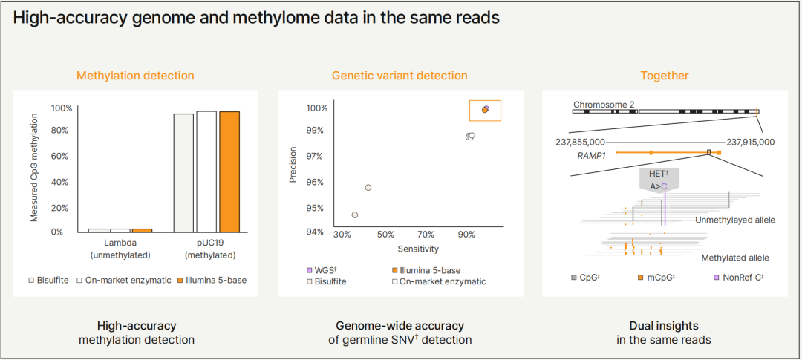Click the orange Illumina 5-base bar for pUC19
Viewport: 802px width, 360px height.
coord(229,171)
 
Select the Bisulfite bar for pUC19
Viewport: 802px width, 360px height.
coord(183,173)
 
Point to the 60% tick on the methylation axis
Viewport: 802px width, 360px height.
coord(62,156)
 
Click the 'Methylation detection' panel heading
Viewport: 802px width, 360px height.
coord(135,76)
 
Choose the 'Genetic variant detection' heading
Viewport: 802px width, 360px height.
coord(400,76)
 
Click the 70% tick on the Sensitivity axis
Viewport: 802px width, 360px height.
coord(426,235)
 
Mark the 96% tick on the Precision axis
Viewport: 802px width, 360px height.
coord(316,182)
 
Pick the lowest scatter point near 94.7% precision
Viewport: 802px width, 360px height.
coord(355,215)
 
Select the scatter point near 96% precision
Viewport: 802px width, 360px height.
coord(368,188)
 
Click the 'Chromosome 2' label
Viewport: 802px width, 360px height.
coord(604,105)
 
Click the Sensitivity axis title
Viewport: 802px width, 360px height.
coord(418,249)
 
